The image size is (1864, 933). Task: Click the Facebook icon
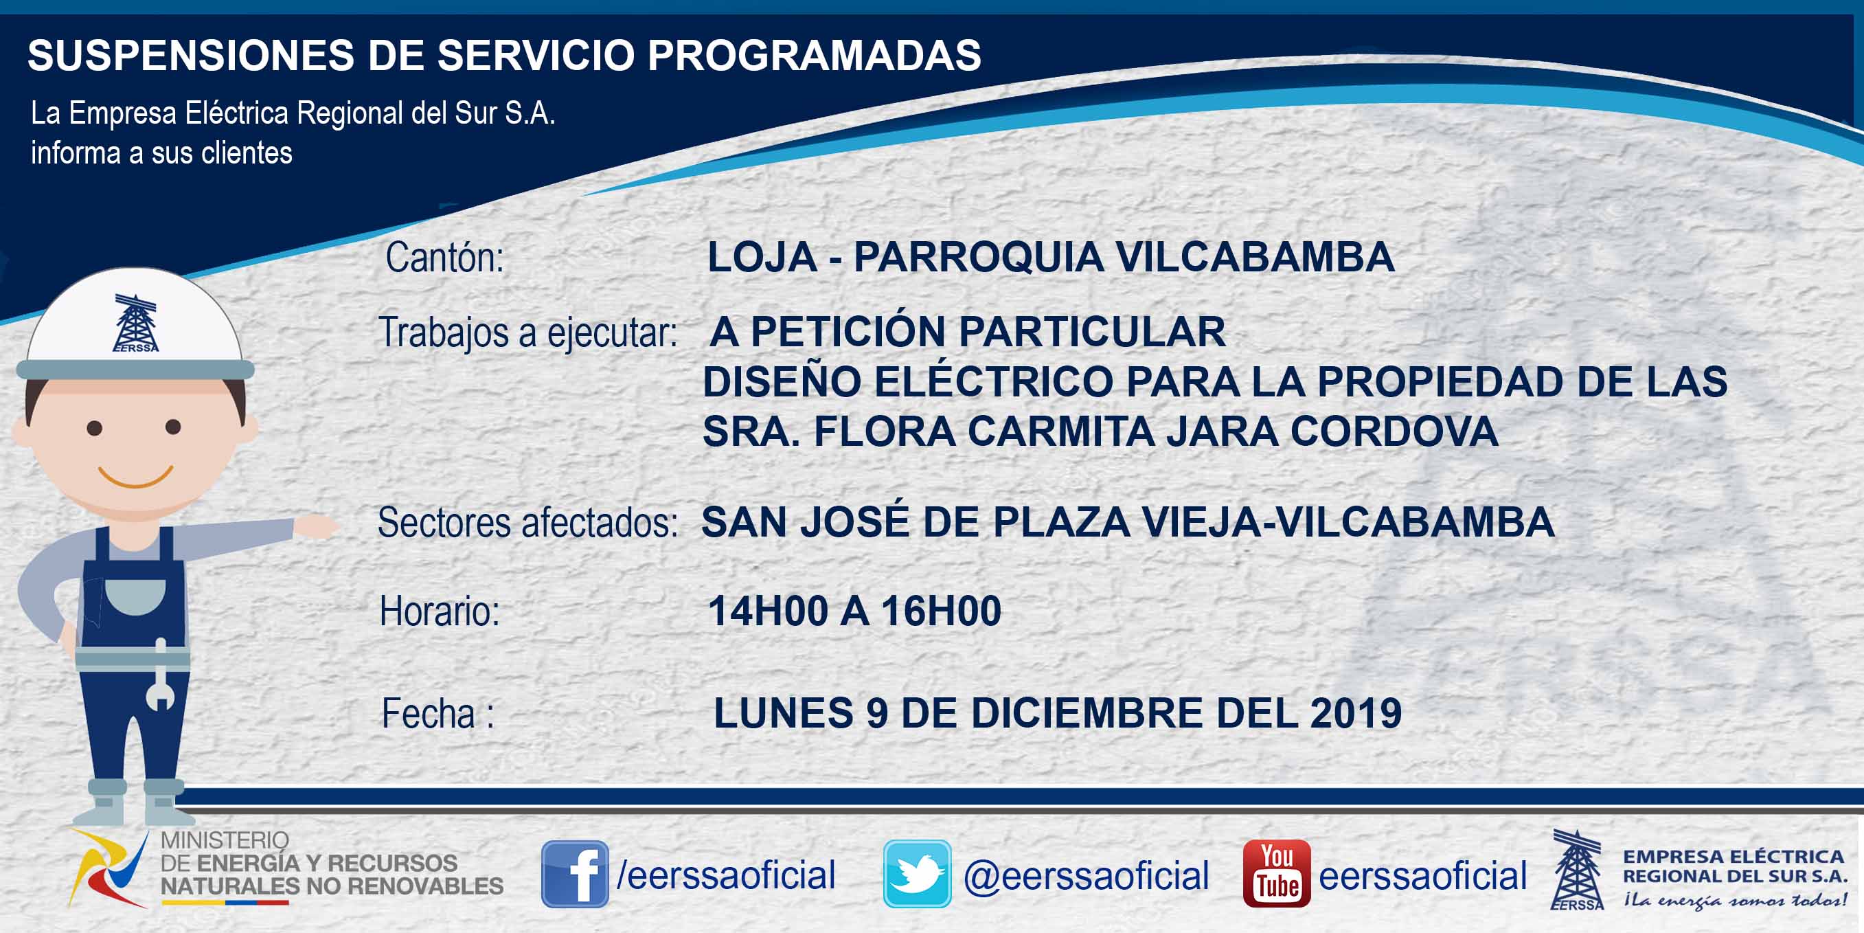click(x=576, y=874)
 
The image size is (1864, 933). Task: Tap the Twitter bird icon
click(x=917, y=874)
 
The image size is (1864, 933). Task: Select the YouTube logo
click(x=1276, y=874)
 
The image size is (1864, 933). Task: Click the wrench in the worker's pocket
click(x=160, y=675)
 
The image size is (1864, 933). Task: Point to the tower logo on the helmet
click(x=135, y=323)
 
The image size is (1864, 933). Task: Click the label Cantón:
click(x=444, y=257)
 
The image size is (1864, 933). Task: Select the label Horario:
click(x=440, y=611)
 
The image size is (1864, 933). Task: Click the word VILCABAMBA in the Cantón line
click(x=1255, y=257)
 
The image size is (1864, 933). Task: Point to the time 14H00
click(x=769, y=611)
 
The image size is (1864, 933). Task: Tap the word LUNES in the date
click(x=783, y=713)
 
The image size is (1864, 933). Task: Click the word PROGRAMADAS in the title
click(x=814, y=55)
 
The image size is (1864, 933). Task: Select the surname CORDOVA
click(x=1394, y=431)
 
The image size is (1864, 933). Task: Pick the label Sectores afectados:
click(x=527, y=523)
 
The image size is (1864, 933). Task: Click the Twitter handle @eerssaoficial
click(x=1086, y=876)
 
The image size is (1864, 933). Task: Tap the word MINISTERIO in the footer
click(x=225, y=840)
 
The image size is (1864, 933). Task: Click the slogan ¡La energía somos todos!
click(x=1734, y=901)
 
